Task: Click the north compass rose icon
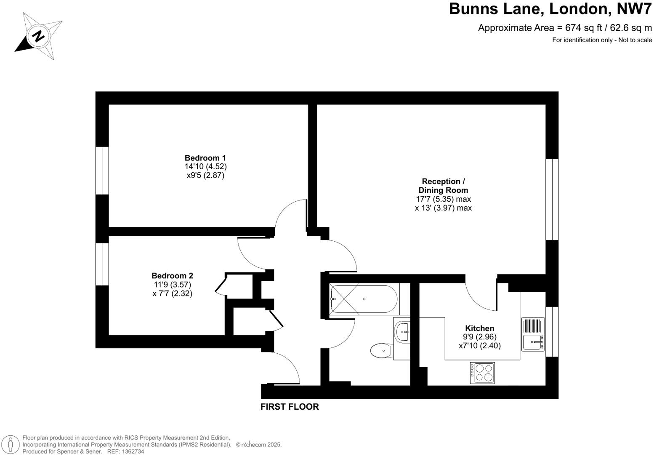pos(39,36)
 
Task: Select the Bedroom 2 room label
pos(172,276)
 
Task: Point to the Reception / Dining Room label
pos(443,186)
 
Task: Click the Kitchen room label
pos(479,328)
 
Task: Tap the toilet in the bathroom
pos(381,350)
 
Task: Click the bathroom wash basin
pos(403,331)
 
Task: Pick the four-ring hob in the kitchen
pos(482,373)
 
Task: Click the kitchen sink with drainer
pos(533,334)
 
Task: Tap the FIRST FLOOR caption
pos(290,407)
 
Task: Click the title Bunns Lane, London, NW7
pos(550,9)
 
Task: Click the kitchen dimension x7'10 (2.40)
pos(479,346)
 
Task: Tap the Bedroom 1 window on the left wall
pos(102,171)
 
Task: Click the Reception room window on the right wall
pos(552,200)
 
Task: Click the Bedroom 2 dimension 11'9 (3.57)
pos(172,285)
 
